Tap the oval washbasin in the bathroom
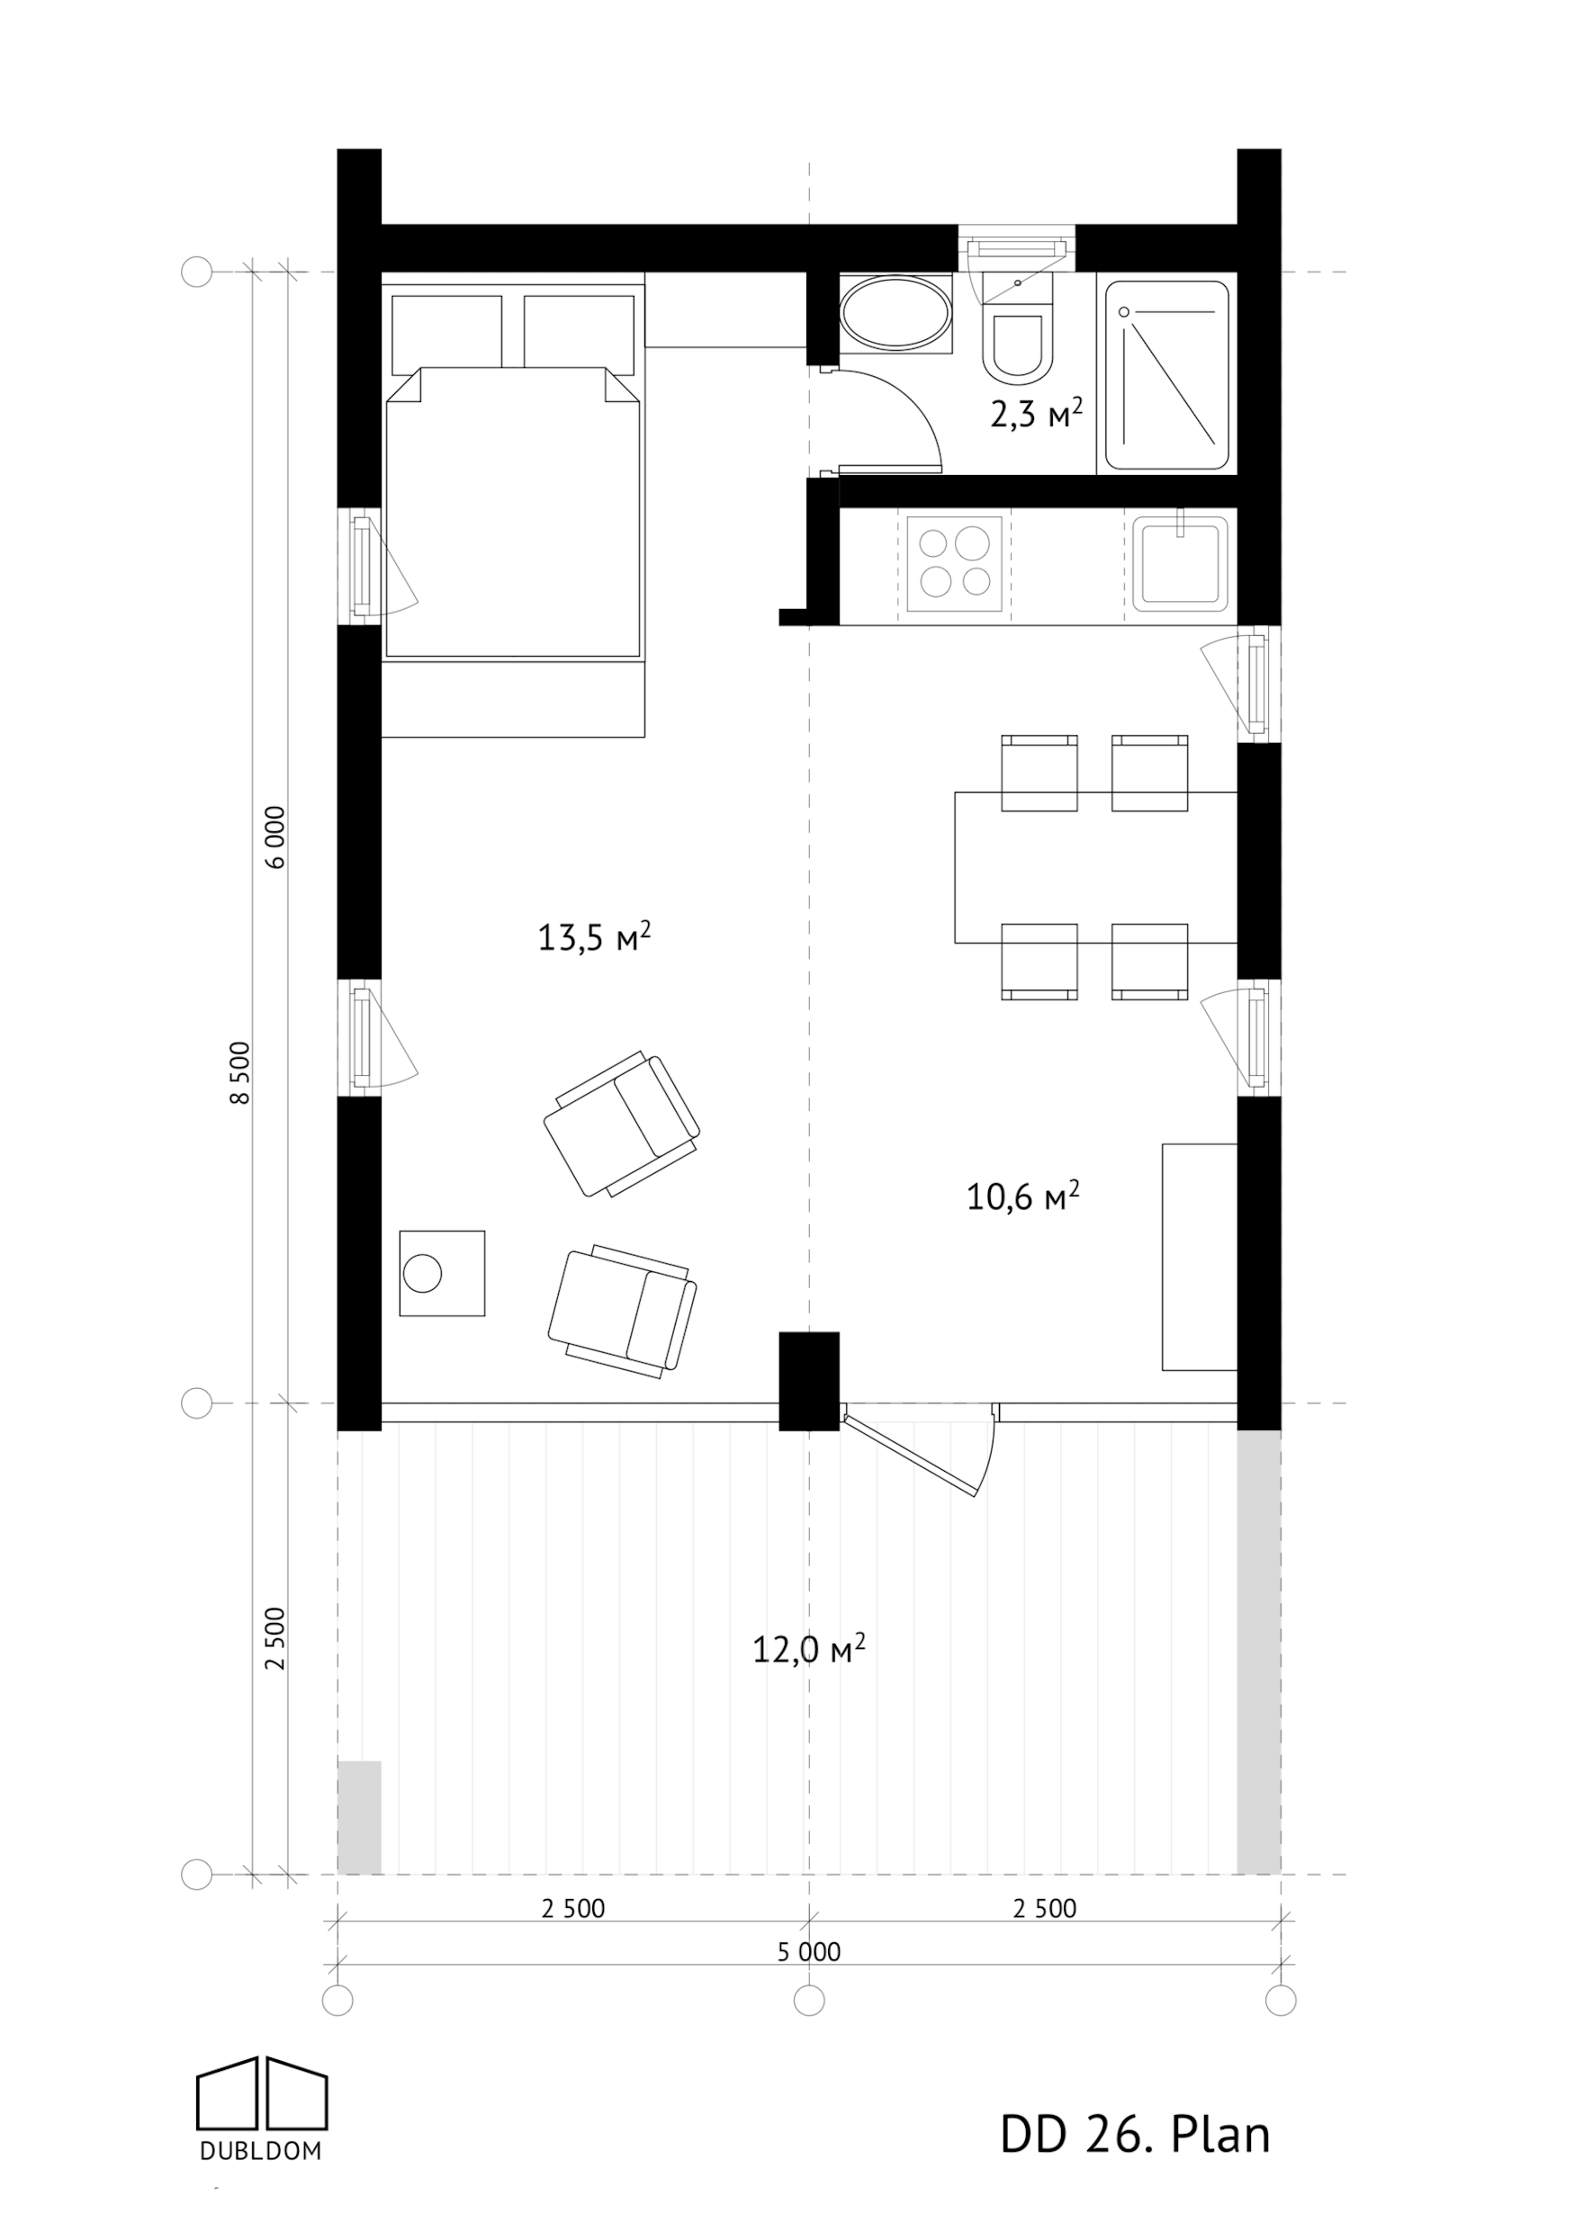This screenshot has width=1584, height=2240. [895, 314]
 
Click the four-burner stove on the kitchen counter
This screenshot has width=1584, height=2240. [955, 565]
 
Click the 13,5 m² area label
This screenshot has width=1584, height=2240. [593, 937]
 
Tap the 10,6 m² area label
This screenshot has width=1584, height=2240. [1021, 1196]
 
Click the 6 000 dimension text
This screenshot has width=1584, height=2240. [276, 836]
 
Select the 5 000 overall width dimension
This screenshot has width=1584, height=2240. [808, 1951]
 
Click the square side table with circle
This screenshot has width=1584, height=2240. [442, 1273]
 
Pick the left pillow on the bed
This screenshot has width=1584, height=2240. [446, 333]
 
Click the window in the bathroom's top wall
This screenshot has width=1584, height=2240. [1016, 247]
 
